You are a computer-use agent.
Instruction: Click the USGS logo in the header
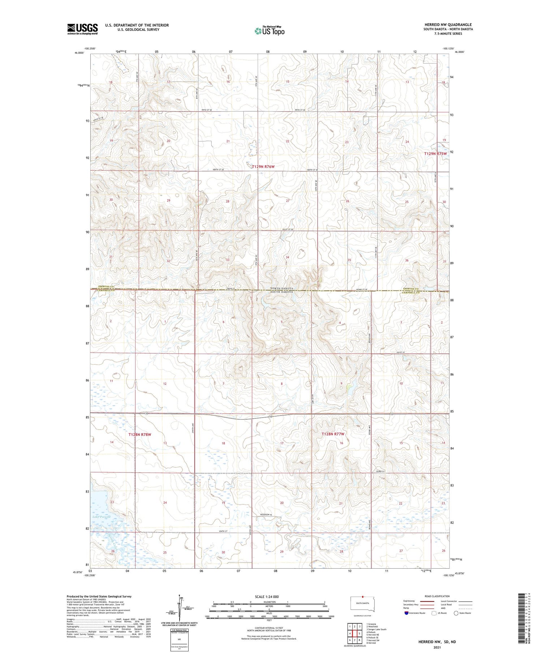point(82,29)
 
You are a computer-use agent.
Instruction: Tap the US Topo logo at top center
point(270,31)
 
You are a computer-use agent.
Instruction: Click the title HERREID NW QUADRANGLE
point(448,25)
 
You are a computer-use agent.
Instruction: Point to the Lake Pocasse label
point(101,517)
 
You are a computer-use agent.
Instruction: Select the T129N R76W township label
point(263,167)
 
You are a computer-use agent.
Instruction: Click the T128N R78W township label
point(139,435)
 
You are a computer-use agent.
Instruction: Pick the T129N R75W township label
point(435,154)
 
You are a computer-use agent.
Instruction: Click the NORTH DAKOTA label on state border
point(282,288)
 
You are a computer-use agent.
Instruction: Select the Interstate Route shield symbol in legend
point(407,613)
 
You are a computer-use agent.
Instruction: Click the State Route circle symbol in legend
point(456,613)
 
